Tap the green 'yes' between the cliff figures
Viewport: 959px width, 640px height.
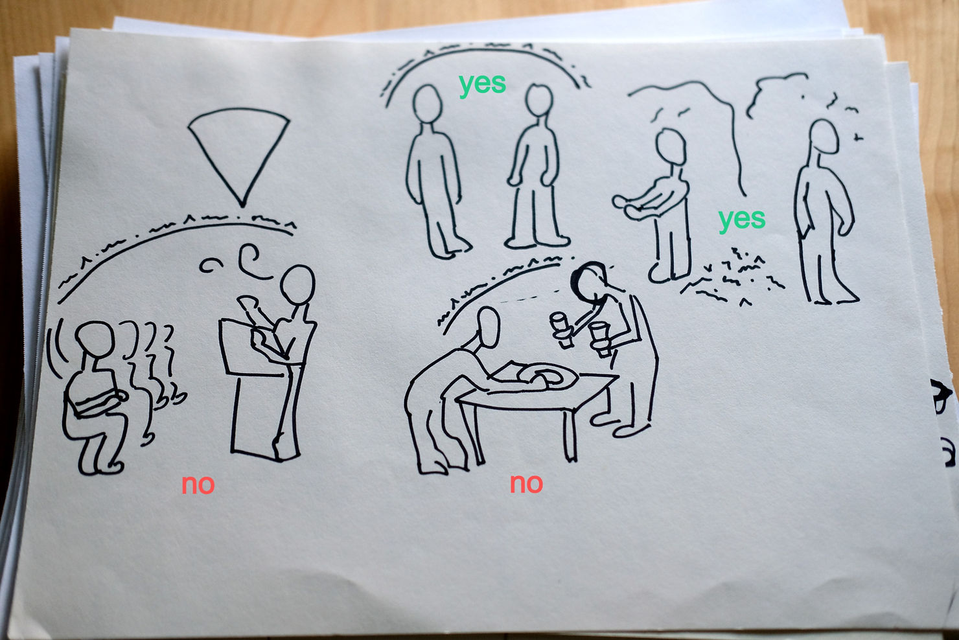[x=742, y=220]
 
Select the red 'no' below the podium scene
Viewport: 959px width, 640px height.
[x=198, y=484]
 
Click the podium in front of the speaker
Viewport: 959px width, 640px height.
[x=257, y=385]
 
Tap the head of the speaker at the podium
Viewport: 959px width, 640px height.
[x=297, y=284]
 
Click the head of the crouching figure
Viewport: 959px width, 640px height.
[x=95, y=339]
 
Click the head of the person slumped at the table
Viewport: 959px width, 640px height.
[x=488, y=327]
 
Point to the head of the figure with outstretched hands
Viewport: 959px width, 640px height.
[x=671, y=147]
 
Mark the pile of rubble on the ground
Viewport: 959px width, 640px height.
[x=732, y=279]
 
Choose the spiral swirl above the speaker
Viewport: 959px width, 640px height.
[x=253, y=262]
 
